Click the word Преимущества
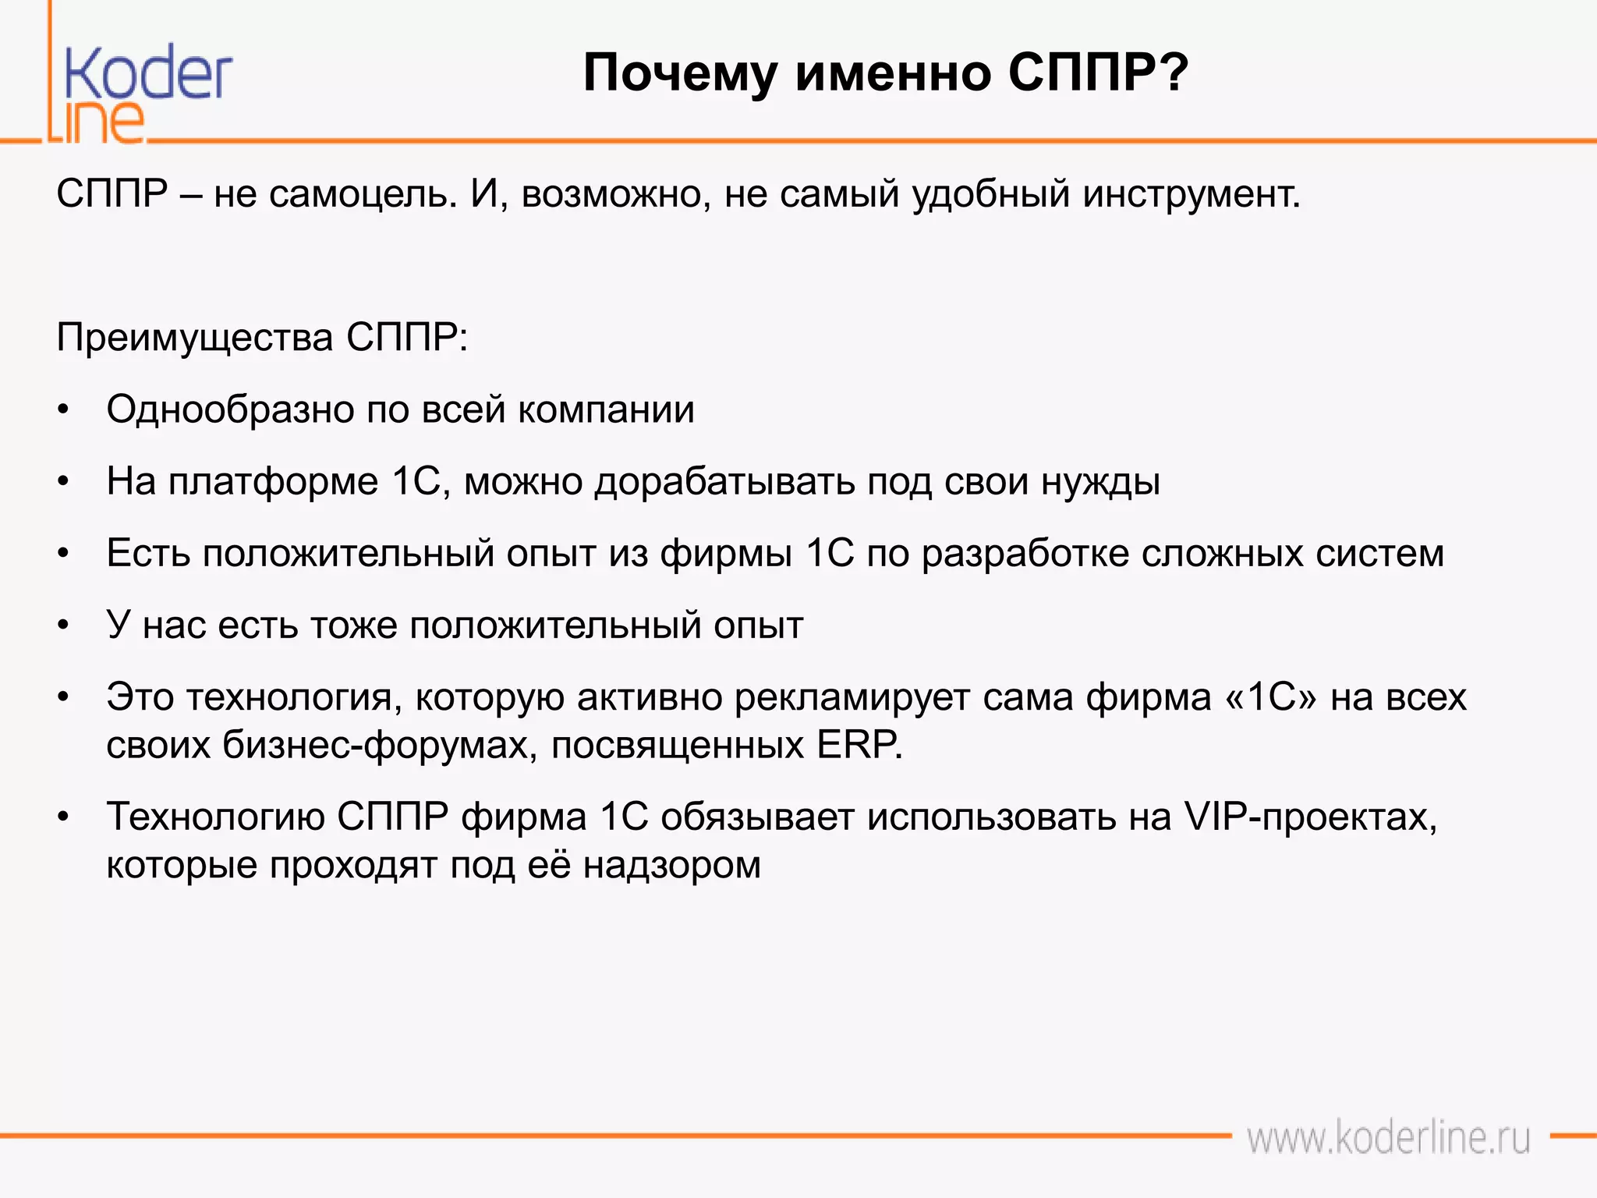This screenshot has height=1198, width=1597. click(x=195, y=338)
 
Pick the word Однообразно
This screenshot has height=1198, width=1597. click(x=229, y=409)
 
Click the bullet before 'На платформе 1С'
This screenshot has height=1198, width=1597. click(x=64, y=482)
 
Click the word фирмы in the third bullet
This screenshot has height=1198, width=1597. click(x=726, y=554)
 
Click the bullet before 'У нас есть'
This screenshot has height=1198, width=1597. click(x=64, y=626)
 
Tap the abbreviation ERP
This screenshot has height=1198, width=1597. click(x=858, y=745)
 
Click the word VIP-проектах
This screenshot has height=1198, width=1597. click(x=1310, y=817)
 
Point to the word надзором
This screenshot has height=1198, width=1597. click(x=671, y=865)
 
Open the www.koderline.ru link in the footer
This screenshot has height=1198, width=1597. click(x=1387, y=1138)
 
